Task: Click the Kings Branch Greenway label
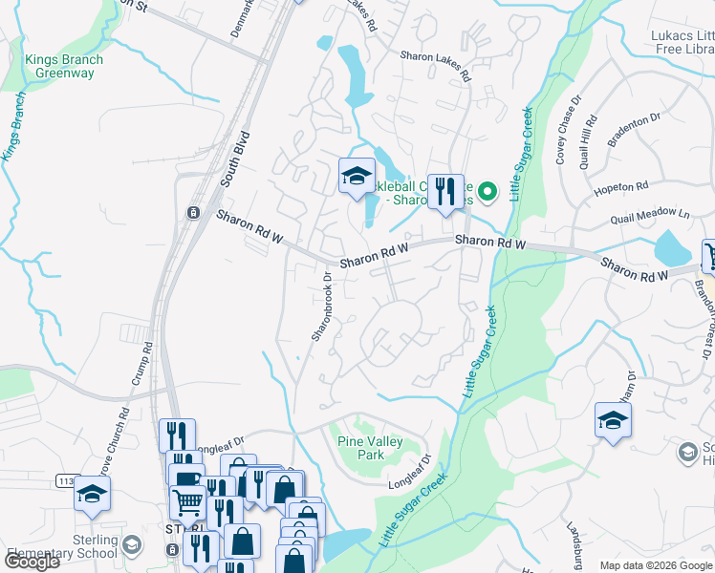point(63,66)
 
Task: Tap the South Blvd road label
point(234,158)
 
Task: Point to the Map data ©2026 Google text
point(656,565)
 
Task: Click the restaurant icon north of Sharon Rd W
point(444,192)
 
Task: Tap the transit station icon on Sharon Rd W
point(193,212)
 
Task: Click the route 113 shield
point(63,480)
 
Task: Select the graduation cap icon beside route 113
point(93,494)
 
